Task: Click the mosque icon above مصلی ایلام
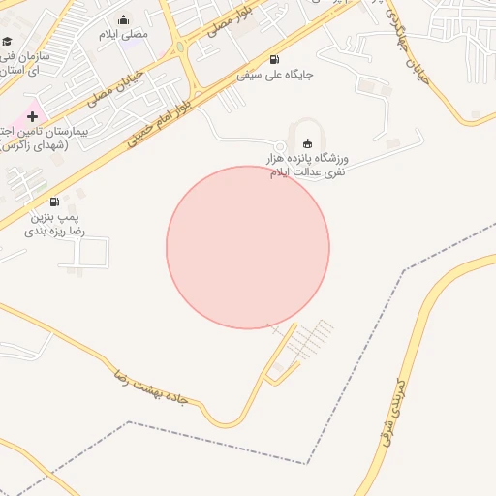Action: point(123,20)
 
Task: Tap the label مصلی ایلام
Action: point(123,35)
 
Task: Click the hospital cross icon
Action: point(32,116)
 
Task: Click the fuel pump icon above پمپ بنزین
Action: point(54,202)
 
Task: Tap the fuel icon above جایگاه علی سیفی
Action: point(273,59)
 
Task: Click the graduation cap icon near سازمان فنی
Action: point(8,41)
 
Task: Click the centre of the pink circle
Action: point(248,247)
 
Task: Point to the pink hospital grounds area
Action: point(19,112)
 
